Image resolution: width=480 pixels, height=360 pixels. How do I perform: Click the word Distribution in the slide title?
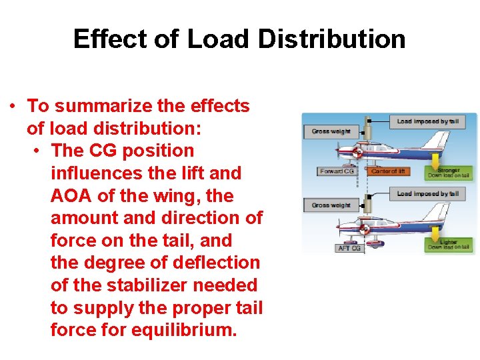coord(331,39)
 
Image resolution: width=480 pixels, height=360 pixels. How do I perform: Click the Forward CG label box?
coord(337,171)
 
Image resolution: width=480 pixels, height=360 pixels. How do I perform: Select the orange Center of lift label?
coord(387,171)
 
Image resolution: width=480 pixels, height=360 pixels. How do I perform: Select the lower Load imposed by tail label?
coord(427,194)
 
